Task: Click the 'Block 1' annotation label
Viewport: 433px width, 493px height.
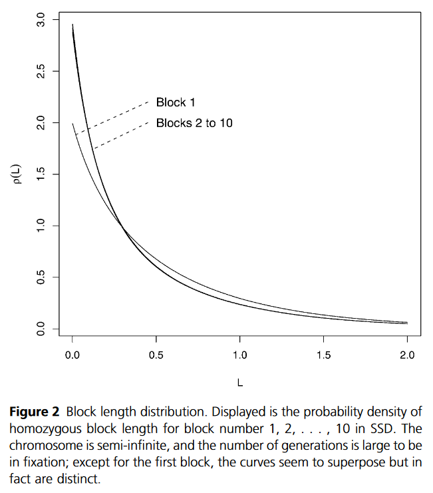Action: click(175, 102)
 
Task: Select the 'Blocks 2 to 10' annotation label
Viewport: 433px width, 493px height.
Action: click(194, 123)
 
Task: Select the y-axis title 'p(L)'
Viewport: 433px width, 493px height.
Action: click(21, 174)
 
